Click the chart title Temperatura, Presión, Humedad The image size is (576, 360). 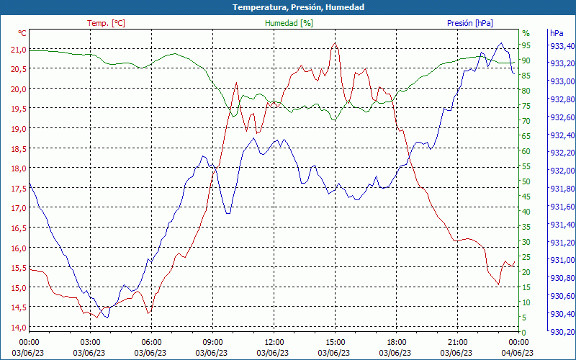288,7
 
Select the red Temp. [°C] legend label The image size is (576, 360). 106,23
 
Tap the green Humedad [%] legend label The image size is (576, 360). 289,23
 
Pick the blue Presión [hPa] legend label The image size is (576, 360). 470,23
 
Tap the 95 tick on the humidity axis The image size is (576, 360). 526,45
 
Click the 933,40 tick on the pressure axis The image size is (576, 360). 562,45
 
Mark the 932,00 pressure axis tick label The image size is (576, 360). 562,171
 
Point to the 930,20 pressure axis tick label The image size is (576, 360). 562,332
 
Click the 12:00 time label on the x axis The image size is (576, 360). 274,342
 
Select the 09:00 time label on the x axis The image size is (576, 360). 212,342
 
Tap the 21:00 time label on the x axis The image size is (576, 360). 458,342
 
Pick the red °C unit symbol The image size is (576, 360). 22,33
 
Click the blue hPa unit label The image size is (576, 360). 557,33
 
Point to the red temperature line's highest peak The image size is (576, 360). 335,42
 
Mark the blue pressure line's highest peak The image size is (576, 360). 501,43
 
